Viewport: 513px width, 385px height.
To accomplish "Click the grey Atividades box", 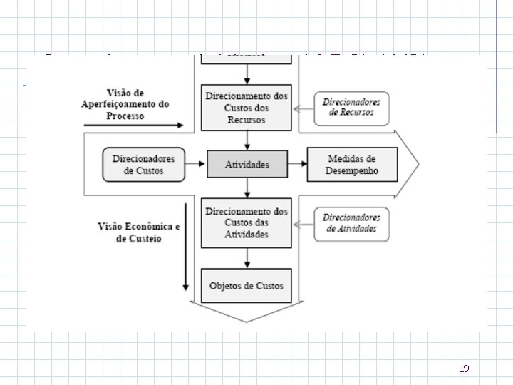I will (x=247, y=164).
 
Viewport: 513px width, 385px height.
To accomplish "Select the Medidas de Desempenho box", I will (x=353, y=164).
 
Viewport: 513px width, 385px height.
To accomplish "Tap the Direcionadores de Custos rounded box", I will (x=143, y=164).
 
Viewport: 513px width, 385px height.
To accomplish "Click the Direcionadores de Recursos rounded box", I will (x=352, y=107).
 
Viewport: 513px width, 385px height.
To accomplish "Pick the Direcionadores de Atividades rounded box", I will (x=352, y=222).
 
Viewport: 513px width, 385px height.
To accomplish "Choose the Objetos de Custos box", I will (x=247, y=286).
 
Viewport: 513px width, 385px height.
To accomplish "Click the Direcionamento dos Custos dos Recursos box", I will (x=247, y=107).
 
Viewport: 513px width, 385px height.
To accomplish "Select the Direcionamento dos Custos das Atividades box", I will (x=247, y=222).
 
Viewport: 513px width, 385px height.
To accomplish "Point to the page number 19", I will (x=465, y=369).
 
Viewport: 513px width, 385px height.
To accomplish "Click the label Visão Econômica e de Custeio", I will (x=140, y=232).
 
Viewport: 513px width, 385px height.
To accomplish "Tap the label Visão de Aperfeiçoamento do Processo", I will (x=125, y=104).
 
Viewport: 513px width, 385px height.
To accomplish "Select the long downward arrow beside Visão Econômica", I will (x=186, y=247).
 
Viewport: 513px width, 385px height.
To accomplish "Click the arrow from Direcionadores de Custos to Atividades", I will (x=196, y=164).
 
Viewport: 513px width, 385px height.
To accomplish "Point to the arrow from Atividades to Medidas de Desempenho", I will (x=298, y=164).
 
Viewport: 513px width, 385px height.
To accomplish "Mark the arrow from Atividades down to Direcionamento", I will (x=247, y=188).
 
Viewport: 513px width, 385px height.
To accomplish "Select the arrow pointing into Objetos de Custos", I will (x=247, y=258).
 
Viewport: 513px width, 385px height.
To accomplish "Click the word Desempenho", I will (x=353, y=170).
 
